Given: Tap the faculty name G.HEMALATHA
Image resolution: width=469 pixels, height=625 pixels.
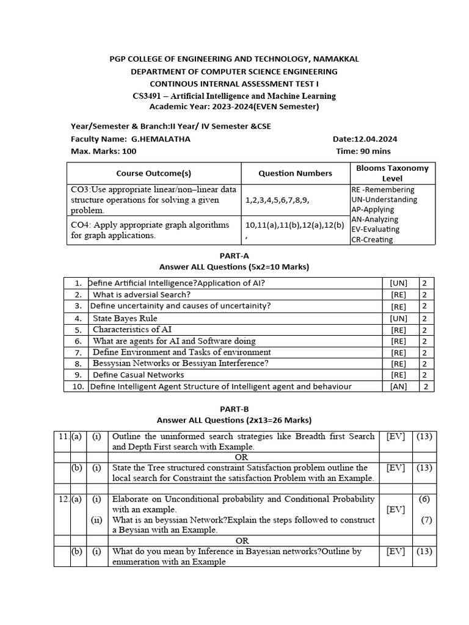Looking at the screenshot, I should (161, 139).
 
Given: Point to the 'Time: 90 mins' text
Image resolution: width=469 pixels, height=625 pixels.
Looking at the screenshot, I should (363, 151).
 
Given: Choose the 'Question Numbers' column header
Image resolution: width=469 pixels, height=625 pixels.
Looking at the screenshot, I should (296, 173).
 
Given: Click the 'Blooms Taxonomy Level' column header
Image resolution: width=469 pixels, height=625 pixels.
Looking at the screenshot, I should (392, 173).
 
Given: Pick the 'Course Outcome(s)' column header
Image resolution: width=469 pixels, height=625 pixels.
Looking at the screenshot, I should (154, 173).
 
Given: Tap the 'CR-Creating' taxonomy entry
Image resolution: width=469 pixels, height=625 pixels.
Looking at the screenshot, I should (372, 239).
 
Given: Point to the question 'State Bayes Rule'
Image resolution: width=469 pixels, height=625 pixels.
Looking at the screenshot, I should (125, 318).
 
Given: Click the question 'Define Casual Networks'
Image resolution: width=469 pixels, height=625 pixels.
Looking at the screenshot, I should (138, 375).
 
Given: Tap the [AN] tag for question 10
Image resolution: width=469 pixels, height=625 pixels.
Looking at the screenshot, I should (398, 386).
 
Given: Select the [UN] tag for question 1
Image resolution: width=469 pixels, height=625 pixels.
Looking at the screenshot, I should (398, 283).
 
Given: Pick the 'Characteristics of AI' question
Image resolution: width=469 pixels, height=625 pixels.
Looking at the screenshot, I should (132, 330).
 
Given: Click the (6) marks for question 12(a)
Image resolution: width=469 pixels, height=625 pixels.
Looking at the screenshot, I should (424, 499).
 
